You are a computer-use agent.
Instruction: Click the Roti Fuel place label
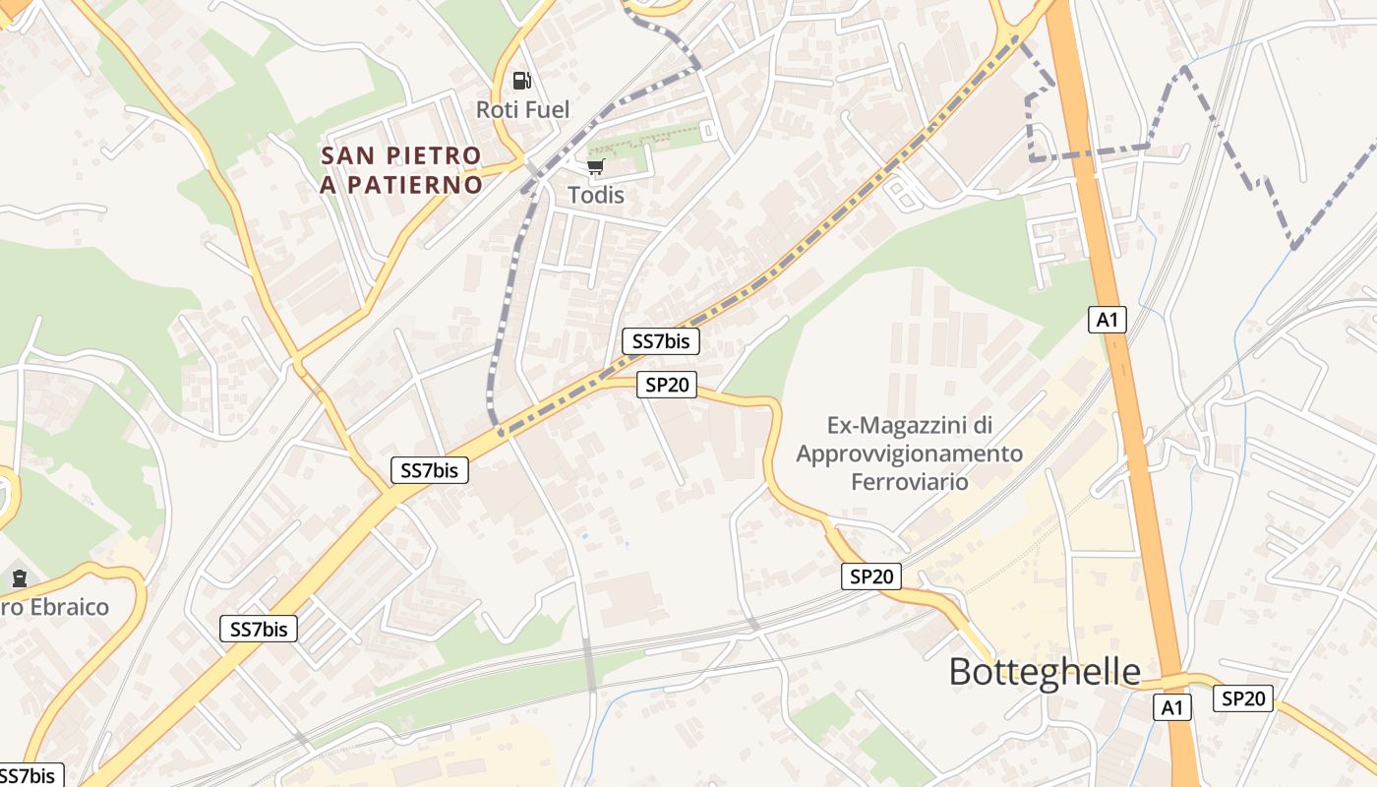click(522, 109)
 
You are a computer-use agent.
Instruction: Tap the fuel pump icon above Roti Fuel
click(521, 81)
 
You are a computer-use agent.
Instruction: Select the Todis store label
click(596, 195)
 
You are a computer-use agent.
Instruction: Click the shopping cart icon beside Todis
click(595, 166)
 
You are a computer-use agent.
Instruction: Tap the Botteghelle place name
click(1045, 672)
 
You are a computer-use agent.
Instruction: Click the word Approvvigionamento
click(910, 454)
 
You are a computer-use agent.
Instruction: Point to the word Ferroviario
click(910, 482)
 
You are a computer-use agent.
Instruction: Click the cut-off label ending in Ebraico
click(54, 607)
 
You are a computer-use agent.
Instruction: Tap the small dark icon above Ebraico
click(19, 577)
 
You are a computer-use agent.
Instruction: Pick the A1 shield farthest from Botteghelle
click(1107, 319)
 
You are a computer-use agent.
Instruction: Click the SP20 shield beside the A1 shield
click(1242, 698)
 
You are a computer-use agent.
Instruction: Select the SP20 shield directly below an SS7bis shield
click(667, 385)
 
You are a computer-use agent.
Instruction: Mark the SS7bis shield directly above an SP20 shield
click(661, 341)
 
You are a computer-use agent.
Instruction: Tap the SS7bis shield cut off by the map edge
click(30, 775)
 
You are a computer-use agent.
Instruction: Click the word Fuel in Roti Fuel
click(548, 109)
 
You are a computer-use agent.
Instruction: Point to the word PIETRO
click(434, 155)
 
